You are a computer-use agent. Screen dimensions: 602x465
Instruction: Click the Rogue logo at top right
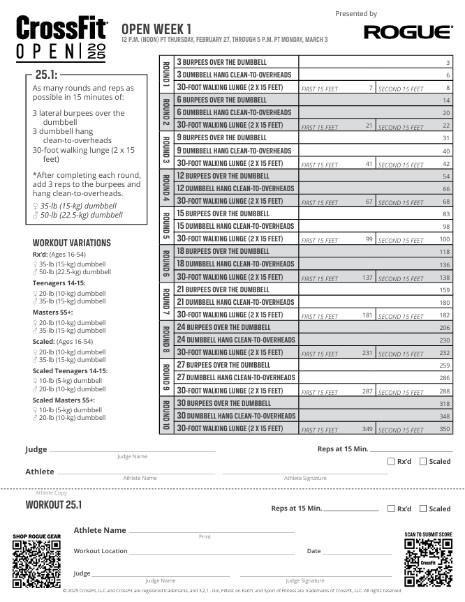point(408,32)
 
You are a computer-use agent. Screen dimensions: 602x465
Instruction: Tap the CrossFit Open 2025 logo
point(62,40)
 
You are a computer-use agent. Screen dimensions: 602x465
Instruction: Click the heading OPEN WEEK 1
point(156,29)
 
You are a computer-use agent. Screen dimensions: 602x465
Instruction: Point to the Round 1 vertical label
point(166,75)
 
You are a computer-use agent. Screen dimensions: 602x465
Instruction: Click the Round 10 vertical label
point(166,416)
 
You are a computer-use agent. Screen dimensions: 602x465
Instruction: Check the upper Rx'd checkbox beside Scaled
point(391,461)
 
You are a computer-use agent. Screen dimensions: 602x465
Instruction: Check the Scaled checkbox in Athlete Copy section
point(423,509)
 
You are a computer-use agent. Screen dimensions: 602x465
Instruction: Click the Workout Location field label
point(101,551)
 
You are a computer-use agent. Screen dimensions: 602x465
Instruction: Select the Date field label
point(313,551)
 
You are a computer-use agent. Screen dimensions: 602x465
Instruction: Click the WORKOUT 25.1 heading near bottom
point(54,504)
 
